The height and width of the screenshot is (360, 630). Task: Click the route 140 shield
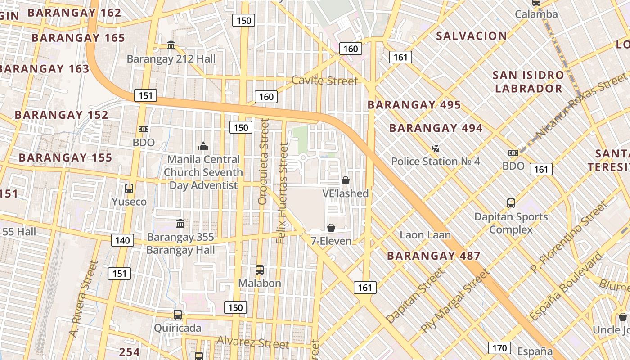(122, 240)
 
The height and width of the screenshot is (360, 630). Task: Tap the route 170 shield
(499, 348)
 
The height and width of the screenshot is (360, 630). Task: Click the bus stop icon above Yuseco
(129, 189)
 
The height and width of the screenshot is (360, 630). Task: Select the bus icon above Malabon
(260, 270)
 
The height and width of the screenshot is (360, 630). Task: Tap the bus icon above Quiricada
(178, 315)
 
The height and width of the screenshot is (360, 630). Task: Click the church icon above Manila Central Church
(203, 146)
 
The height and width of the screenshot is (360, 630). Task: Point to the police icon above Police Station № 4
(435, 148)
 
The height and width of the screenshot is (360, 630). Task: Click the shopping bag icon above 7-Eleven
(331, 228)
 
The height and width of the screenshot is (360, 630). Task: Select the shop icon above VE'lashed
(346, 180)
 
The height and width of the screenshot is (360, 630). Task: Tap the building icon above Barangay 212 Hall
(171, 45)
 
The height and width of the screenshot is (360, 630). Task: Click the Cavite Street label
(325, 81)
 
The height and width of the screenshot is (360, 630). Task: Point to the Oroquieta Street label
(263, 162)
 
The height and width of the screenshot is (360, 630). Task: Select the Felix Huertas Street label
(282, 193)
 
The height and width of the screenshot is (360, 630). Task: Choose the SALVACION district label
(472, 36)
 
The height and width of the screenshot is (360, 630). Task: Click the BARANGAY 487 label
(434, 256)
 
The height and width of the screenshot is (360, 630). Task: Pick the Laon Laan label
(425, 235)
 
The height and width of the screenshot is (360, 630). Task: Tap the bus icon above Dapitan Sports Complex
(511, 203)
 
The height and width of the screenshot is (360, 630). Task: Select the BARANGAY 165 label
(78, 38)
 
